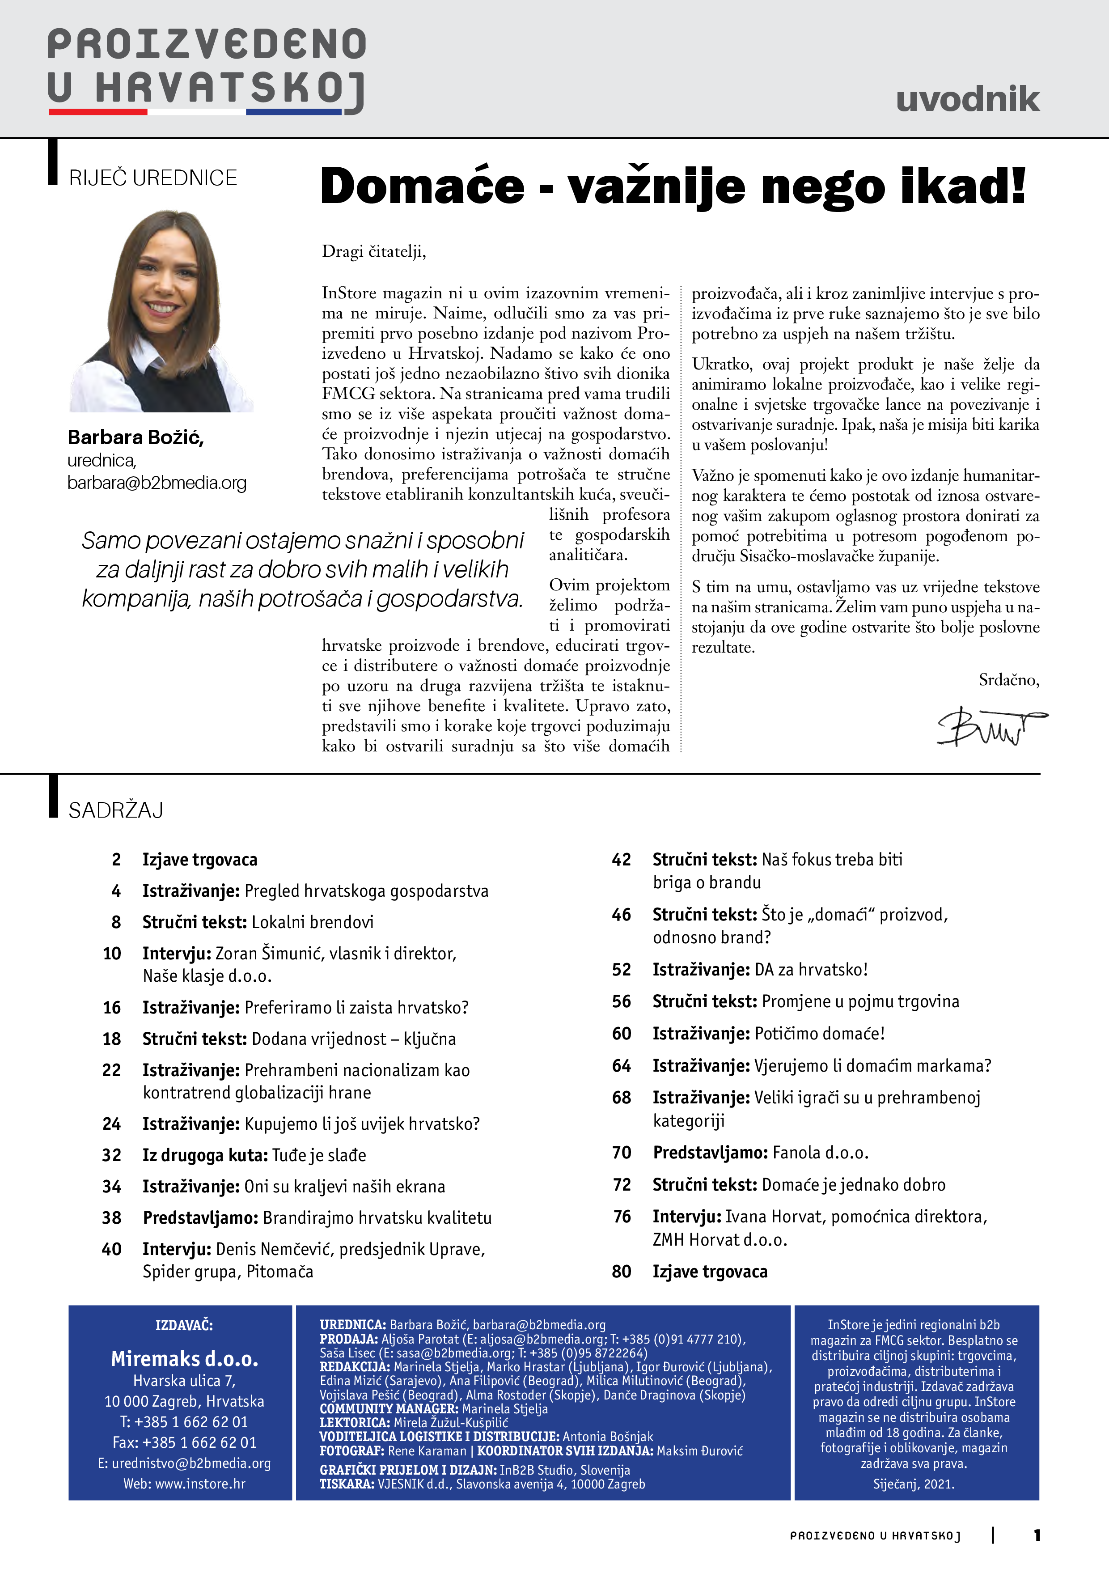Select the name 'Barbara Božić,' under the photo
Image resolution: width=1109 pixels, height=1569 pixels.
135,437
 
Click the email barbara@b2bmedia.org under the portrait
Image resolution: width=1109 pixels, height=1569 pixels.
157,483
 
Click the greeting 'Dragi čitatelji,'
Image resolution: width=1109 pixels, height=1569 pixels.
374,251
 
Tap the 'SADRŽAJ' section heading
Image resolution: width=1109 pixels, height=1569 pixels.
115,810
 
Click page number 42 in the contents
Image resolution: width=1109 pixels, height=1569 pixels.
621,860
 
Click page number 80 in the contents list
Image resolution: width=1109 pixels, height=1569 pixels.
621,1272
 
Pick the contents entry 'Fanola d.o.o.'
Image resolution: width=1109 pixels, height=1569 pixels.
820,1153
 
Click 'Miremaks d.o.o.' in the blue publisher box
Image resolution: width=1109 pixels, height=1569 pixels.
185,1358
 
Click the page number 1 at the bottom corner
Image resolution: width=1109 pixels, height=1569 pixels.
1037,1535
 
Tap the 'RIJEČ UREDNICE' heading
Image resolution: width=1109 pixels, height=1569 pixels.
152,178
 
